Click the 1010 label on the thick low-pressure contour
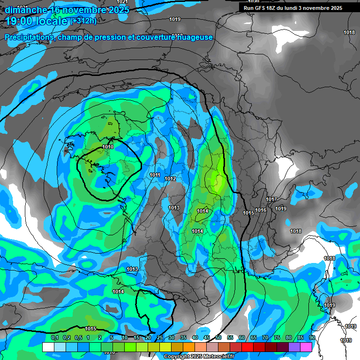108,147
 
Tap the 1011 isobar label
155,175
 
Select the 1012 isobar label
170,179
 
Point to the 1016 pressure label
261,210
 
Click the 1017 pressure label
271,199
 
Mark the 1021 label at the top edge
122,2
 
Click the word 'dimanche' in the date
26,10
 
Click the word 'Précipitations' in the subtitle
28,37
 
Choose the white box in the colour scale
48,347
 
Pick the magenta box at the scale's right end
306,347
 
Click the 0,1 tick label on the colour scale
54,338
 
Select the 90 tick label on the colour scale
312,338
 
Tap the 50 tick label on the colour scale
218,338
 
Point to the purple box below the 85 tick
294,347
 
